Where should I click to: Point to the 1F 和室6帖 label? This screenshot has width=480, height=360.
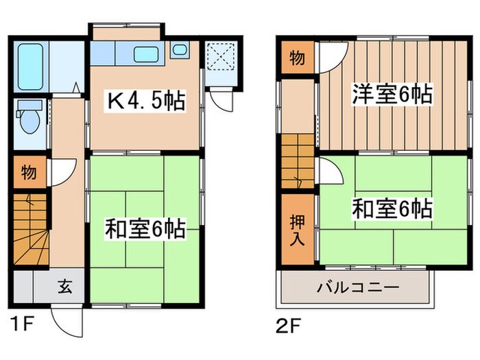tap(145, 229)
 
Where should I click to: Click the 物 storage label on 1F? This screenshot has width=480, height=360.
tap(28, 171)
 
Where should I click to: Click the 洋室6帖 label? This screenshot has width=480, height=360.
tap(392, 94)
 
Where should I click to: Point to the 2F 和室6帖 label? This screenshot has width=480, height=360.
tap(392, 207)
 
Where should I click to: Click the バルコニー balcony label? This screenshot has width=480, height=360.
tap(357, 287)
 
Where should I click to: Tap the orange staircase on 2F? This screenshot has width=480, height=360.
tap(297, 161)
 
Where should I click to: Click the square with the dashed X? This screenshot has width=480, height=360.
tap(221, 56)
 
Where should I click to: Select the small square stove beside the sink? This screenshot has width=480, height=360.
tap(179, 49)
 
